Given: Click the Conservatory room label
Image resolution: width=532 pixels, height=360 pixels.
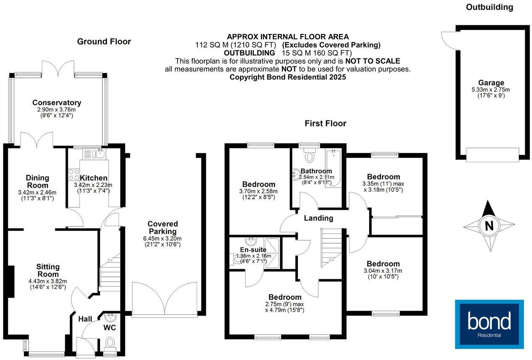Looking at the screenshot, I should [57, 103].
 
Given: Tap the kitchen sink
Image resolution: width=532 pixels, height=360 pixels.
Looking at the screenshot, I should [99, 154].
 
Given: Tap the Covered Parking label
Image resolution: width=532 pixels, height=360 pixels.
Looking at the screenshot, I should [162, 228].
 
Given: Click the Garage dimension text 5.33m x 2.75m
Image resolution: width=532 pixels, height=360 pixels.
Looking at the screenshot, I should [491, 90].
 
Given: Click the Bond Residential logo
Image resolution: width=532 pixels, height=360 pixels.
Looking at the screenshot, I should [489, 324].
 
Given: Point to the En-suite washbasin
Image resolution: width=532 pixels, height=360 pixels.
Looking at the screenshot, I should [251, 241].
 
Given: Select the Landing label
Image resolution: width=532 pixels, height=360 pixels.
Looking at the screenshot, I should [319, 218].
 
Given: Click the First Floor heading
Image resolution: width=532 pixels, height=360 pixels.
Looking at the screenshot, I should [325, 123].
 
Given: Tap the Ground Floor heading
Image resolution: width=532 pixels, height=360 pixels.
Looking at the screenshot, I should [104, 42].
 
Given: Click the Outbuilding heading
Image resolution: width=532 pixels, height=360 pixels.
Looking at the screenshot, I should [489, 7].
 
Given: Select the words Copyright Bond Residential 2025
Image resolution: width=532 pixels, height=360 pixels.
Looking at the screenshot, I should [287, 77].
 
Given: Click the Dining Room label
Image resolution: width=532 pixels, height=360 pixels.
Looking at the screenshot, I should [38, 182].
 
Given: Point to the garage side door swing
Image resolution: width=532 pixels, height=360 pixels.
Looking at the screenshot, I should [447, 39].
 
